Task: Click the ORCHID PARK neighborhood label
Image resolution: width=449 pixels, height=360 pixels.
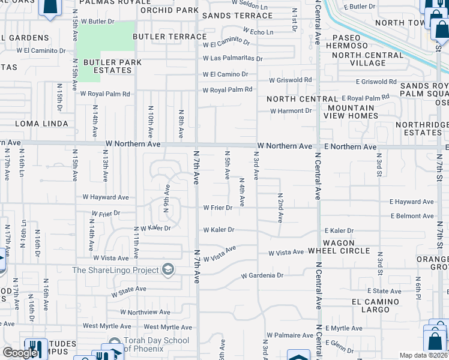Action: pos(169,10)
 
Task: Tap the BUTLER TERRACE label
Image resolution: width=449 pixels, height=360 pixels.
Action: pos(169,37)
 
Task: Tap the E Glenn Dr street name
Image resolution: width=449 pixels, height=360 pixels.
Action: pos(339,346)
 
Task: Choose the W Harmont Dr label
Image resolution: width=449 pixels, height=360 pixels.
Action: pos(291,111)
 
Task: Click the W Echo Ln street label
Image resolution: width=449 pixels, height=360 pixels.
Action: pos(258,31)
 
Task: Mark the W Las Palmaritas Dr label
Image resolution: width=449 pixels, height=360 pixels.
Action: pos(233,58)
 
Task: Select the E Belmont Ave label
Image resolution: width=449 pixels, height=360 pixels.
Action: pos(412,216)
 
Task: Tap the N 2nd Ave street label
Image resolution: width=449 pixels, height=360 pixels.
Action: pos(280,208)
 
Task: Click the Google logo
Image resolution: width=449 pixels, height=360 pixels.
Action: pos(20,353)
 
